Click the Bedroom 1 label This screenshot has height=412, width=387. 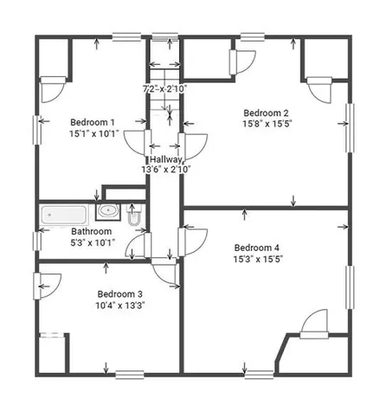pyautogui.click(x=93, y=122)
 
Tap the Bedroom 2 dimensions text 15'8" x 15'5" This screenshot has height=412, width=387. pyautogui.click(x=268, y=124)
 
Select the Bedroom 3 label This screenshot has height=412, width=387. pyautogui.click(x=119, y=294)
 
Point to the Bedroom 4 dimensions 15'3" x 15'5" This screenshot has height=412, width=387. pyautogui.click(x=258, y=259)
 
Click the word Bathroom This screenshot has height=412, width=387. pyautogui.click(x=91, y=231)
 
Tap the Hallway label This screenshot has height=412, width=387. pyautogui.click(x=166, y=159)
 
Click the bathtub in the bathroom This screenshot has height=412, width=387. pyautogui.click(x=64, y=215)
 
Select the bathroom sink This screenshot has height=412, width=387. pyautogui.click(x=108, y=211)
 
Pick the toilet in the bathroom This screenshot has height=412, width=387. pyautogui.click(x=134, y=215)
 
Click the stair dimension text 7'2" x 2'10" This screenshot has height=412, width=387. pyautogui.click(x=164, y=89)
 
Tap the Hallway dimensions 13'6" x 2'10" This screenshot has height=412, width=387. pyautogui.click(x=166, y=170)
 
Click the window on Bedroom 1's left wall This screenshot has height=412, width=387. pyautogui.click(x=36, y=130)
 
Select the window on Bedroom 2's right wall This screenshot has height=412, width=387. pyautogui.click(x=350, y=127)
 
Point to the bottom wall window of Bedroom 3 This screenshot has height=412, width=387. pyautogui.click(x=130, y=375)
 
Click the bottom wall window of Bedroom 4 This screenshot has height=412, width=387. pyautogui.click(x=259, y=375)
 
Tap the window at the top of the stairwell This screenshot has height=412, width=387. pyautogui.click(x=165, y=36)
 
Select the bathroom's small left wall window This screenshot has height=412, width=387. pyautogui.click(x=36, y=241)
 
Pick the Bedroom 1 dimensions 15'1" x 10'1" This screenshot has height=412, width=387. pyautogui.click(x=94, y=134)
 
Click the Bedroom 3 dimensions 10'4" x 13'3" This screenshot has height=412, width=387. pyautogui.click(x=120, y=306)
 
